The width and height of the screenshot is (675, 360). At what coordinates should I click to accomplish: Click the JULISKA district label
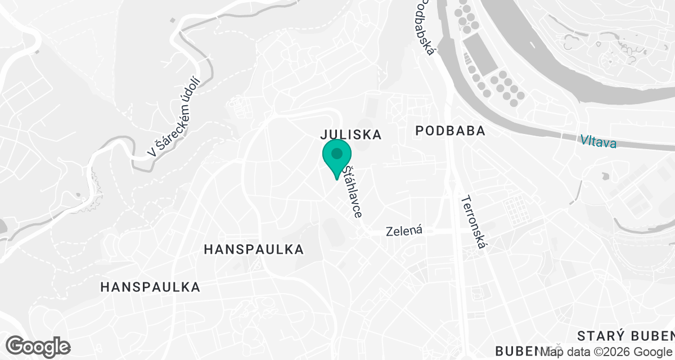pos(351,134)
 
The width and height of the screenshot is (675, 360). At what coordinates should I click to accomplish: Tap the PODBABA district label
pos(450,131)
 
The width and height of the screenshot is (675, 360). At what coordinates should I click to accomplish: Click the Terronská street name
pos(476,225)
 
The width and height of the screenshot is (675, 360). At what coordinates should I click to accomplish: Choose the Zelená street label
pos(404,231)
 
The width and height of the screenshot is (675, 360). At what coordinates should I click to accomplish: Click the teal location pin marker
pos(337,158)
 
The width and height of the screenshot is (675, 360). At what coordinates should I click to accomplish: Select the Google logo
pos(38,346)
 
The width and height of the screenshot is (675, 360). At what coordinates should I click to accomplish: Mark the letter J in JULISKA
pos(323,134)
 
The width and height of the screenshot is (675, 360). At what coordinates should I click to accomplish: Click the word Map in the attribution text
pos(552,352)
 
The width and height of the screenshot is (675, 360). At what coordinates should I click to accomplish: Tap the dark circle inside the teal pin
pos(337,153)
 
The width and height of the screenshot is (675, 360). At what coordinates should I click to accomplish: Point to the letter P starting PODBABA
pos(420,131)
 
